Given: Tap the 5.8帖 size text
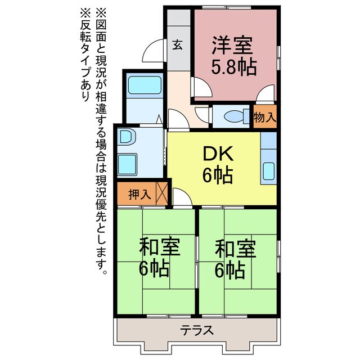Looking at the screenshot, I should click(233, 67).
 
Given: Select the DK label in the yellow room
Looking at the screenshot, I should click(214, 153).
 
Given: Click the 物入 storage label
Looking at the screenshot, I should click(264, 118).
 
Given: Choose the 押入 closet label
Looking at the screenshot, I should click(139, 195).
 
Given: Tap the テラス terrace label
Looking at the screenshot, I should click(197, 330).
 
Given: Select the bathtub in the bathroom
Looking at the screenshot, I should click(143, 86).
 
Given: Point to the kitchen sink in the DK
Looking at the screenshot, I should click(268, 171).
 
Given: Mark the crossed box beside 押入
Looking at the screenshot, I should click(163, 192).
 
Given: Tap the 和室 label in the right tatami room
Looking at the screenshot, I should click(235, 247).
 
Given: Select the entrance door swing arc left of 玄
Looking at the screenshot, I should click(154, 52).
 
